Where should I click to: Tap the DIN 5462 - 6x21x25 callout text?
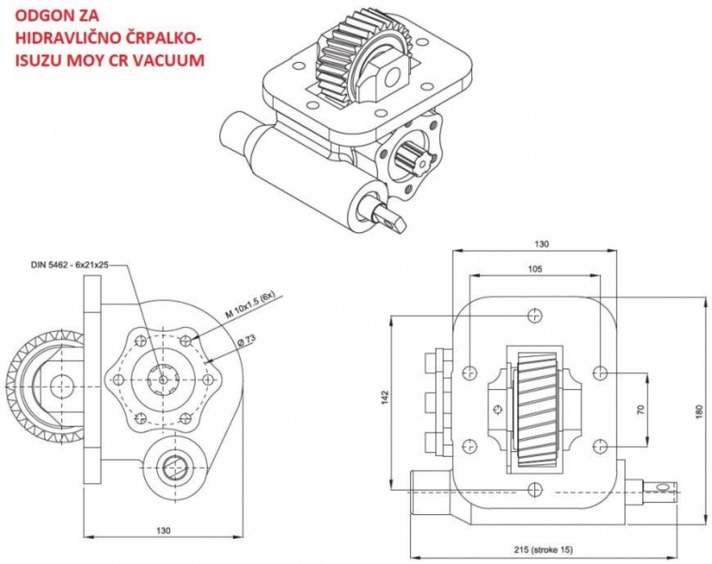70,265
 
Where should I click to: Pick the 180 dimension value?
699,411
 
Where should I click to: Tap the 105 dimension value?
534,269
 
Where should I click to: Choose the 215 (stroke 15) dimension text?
543,549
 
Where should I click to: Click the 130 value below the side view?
163,530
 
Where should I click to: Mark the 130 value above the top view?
541,244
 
